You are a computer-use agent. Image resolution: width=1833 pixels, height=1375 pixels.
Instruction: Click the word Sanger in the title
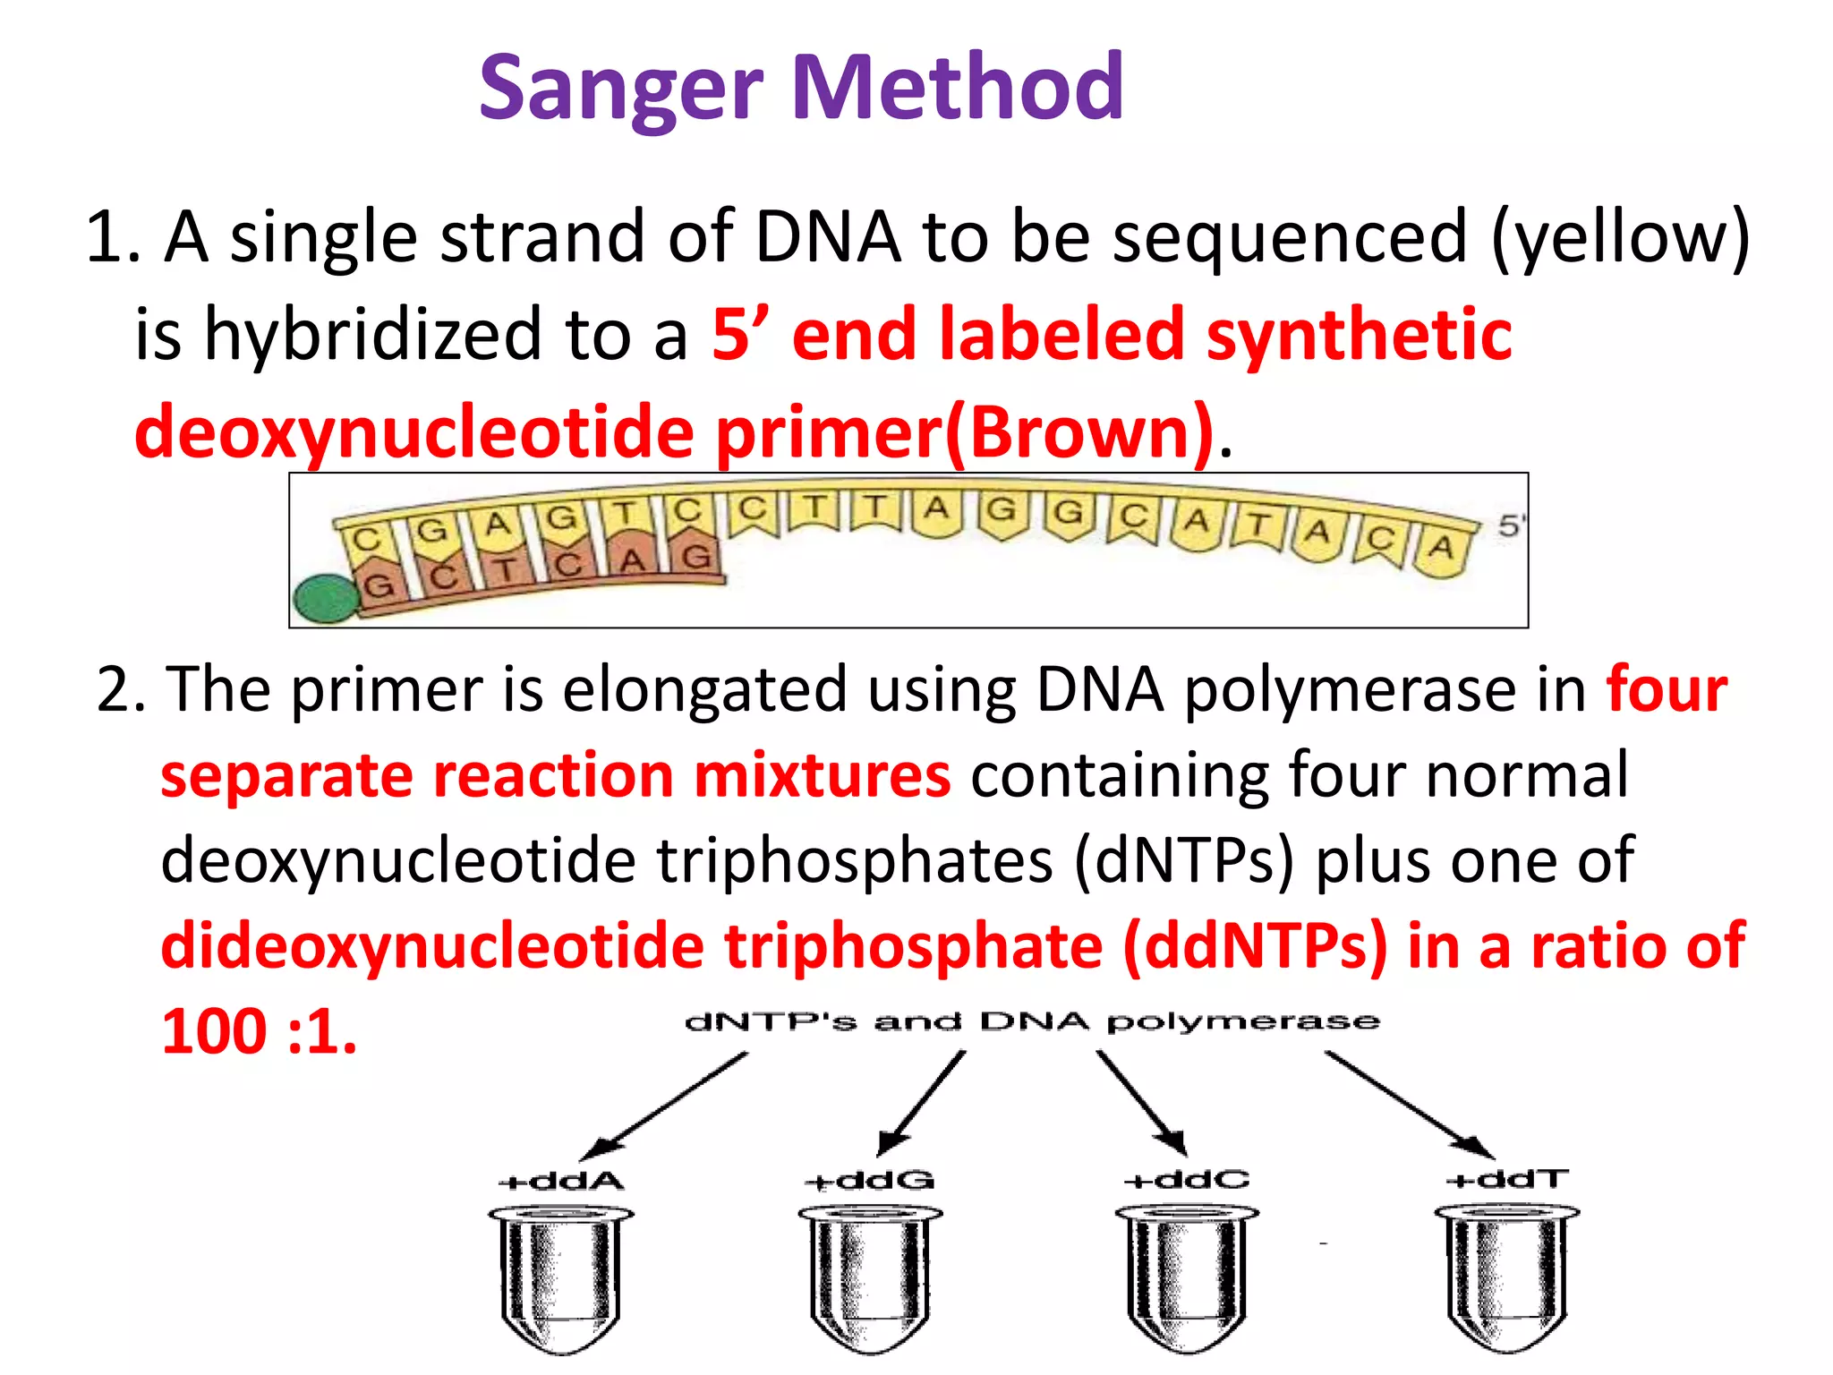pos(620,90)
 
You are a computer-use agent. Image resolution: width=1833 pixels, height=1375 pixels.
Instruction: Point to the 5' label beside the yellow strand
pos(1509,525)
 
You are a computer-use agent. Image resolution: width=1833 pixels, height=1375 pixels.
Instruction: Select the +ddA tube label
pos(561,1181)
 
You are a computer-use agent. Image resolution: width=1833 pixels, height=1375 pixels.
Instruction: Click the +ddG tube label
pos(869,1181)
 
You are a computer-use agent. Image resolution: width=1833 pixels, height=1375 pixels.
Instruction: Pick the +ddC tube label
pos(1186,1180)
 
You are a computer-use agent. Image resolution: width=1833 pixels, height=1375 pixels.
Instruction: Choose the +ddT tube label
pos(1507,1179)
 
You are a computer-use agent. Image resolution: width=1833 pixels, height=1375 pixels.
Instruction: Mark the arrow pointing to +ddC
pos(1141,1103)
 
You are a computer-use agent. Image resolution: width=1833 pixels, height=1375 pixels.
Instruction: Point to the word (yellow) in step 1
pos(1619,237)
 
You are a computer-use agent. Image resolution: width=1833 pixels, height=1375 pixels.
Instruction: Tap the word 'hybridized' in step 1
pos(373,335)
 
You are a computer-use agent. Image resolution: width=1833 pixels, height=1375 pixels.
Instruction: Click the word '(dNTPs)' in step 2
pos(1183,861)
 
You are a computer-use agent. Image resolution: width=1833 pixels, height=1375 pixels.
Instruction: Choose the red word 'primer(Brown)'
pos(967,432)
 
